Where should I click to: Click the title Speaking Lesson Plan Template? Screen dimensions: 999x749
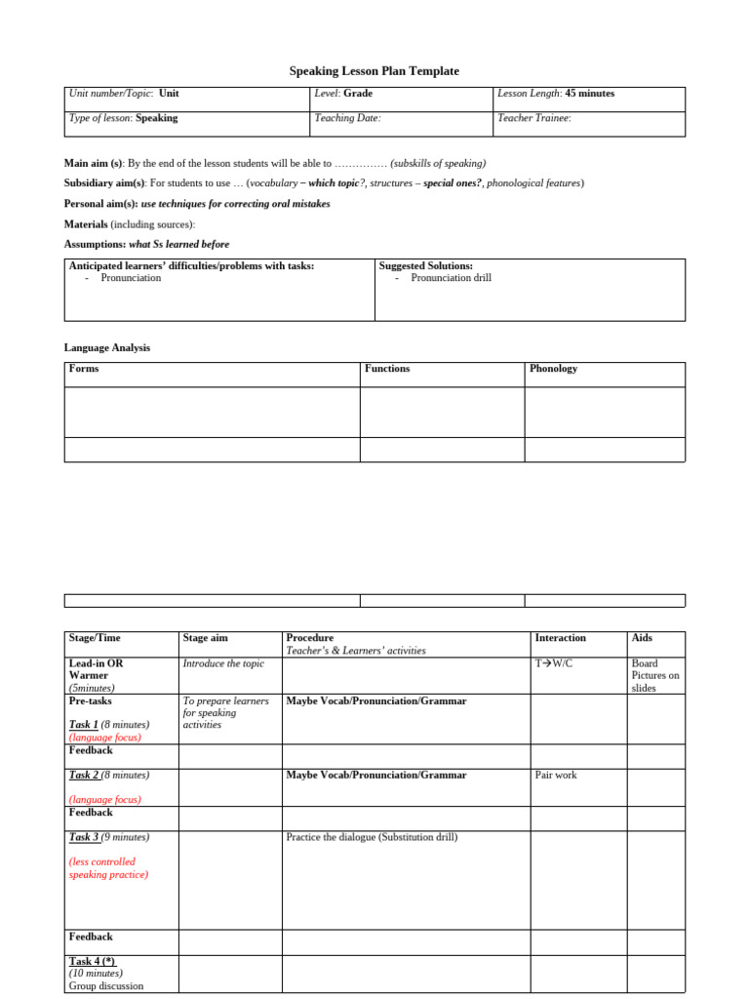pyautogui.click(x=374, y=71)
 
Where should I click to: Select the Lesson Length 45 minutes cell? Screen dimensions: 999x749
pyautogui.click(x=556, y=94)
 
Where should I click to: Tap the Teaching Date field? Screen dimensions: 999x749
pyautogui.click(x=347, y=118)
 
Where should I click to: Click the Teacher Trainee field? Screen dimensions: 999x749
pyautogui.click(x=533, y=118)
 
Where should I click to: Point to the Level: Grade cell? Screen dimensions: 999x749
pyautogui.click(x=343, y=94)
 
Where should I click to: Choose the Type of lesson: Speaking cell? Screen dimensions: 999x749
pyautogui.click(x=123, y=118)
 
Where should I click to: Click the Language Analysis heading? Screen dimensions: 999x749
pyautogui.click(x=107, y=347)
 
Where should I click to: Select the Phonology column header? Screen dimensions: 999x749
pyautogui.click(x=553, y=369)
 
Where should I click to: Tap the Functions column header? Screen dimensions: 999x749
pyautogui.click(x=387, y=369)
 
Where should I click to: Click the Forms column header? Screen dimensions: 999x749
pyautogui.click(x=84, y=369)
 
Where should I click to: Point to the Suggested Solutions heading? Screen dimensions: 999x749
pyautogui.click(x=425, y=265)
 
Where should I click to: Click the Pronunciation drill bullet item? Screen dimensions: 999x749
pyautogui.click(x=451, y=278)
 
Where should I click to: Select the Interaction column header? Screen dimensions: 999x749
pyautogui.click(x=560, y=638)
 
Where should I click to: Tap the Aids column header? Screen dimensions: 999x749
pyautogui.click(x=642, y=638)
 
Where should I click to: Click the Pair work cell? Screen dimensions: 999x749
pyautogui.click(x=556, y=776)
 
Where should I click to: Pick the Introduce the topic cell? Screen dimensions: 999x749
pyautogui.click(x=223, y=663)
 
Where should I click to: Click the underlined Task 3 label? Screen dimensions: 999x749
pyautogui.click(x=84, y=837)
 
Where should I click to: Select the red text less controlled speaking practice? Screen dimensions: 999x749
pyautogui.click(x=108, y=868)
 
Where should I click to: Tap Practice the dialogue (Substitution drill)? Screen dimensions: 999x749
pyautogui.click(x=372, y=837)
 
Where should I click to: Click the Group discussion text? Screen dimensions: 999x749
pyautogui.click(x=105, y=985)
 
